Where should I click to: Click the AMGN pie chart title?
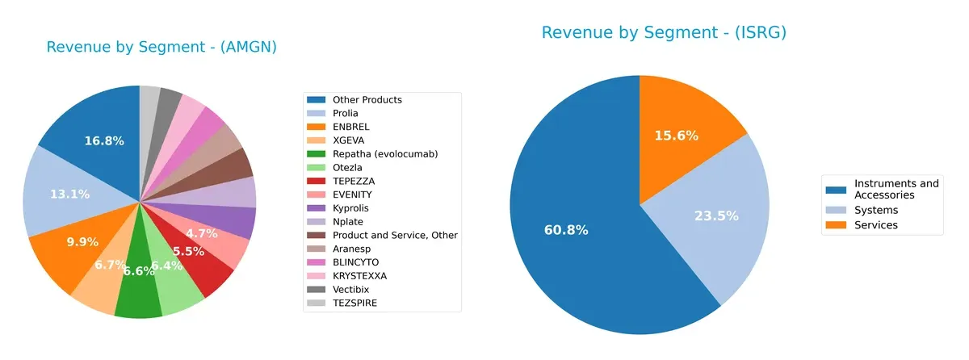pyautogui.click(x=161, y=47)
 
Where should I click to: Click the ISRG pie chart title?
pyautogui.click(x=664, y=32)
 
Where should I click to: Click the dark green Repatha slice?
pyautogui.click(x=138, y=291)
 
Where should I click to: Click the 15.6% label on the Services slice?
pyautogui.click(x=677, y=136)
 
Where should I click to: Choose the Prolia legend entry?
pyautogui.click(x=345, y=113)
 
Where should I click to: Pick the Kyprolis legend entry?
pyautogui.click(x=350, y=207)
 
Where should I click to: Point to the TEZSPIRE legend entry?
pyautogui.click(x=354, y=303)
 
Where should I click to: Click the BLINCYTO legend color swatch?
pyautogui.click(x=316, y=262)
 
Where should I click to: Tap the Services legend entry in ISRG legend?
pyautogui.click(x=875, y=225)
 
